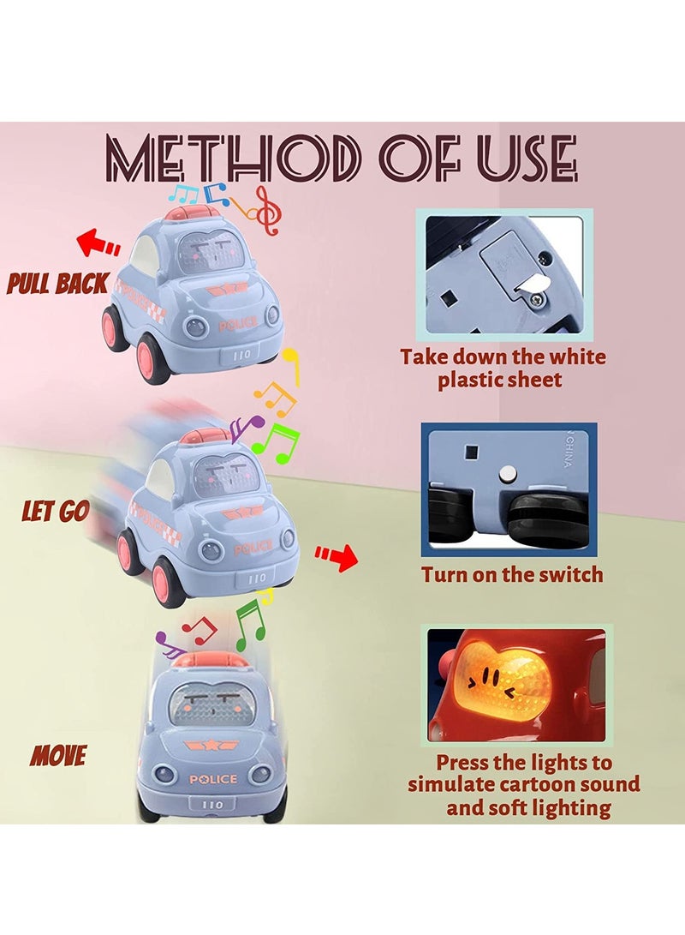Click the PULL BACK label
(x=57, y=284)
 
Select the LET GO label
(x=56, y=511)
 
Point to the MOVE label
(x=58, y=756)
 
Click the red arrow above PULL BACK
(x=98, y=243)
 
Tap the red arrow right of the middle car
(x=336, y=558)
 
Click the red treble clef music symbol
(x=267, y=209)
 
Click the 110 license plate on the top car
(x=241, y=355)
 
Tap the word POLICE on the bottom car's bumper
(x=212, y=779)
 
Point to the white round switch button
(x=508, y=476)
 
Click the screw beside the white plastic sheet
(x=539, y=301)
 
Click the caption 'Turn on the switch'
(x=512, y=574)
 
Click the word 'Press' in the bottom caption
(x=463, y=762)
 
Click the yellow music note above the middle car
(x=290, y=366)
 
